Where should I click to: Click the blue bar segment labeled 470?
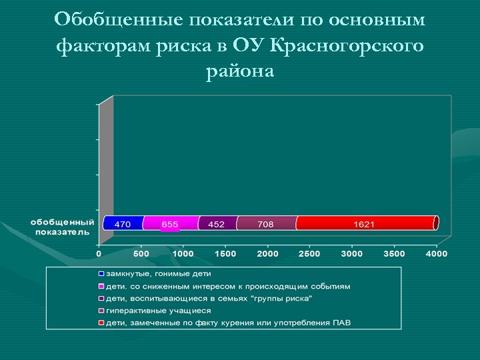pyautogui.click(x=123, y=223)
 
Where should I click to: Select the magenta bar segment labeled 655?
pyautogui.click(x=170, y=223)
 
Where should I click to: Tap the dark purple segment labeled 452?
pyautogui.click(x=217, y=223)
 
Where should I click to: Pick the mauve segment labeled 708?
pyautogui.click(x=265, y=223)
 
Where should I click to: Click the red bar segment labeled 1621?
pyautogui.click(x=364, y=223)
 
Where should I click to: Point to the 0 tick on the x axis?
pyautogui.click(x=99, y=254)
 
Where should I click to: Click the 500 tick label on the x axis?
pyautogui.click(x=141, y=254)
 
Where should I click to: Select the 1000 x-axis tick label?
pyautogui.click(x=183, y=254)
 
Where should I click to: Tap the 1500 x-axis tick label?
pyautogui.click(x=225, y=254)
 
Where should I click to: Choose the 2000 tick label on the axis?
pyautogui.click(x=268, y=254)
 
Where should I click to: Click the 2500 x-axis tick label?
pyautogui.click(x=310, y=254)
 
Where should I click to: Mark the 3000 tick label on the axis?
pyautogui.click(x=352, y=254)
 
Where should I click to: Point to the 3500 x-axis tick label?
pyautogui.click(x=395, y=254)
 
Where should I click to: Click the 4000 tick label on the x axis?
pyautogui.click(x=437, y=254)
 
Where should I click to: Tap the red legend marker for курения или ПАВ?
pyautogui.click(x=101, y=323)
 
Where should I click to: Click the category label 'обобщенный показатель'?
pyautogui.click(x=62, y=227)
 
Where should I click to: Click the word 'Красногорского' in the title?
pyautogui.click(x=357, y=45)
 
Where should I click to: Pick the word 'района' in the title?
pyautogui.click(x=240, y=71)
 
